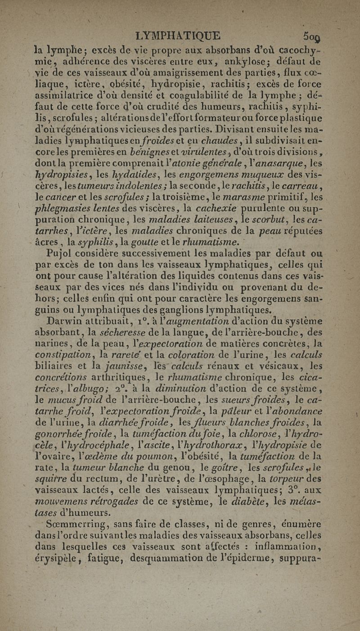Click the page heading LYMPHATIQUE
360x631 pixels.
point(178,36)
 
